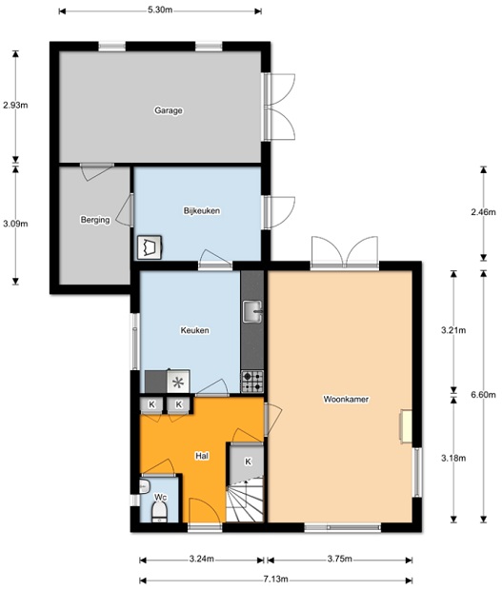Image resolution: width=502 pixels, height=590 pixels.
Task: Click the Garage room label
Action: coord(169,110)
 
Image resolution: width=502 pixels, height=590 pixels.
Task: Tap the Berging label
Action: coord(95,220)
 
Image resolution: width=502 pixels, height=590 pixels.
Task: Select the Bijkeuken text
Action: coord(202,210)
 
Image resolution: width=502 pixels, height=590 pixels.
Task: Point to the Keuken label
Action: coord(194,330)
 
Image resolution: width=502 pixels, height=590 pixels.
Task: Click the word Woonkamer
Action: coord(346,400)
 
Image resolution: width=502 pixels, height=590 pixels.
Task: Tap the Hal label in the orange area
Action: coord(202,456)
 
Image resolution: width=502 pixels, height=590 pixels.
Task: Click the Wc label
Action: coord(160,498)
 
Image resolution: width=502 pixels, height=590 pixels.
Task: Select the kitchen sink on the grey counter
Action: coord(252,311)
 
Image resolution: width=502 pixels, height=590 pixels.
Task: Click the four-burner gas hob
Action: coord(252,382)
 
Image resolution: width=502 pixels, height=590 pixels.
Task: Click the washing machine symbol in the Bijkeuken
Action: coord(150,247)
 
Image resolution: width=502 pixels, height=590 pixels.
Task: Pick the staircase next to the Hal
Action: coord(245,500)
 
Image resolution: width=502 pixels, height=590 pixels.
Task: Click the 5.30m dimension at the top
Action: coord(160,10)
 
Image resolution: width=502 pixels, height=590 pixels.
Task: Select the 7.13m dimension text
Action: coord(275,580)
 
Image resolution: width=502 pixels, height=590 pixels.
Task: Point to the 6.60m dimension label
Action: coord(483,395)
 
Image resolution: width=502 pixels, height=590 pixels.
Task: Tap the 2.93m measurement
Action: coord(15,105)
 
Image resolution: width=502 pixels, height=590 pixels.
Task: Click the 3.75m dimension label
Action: coord(340,559)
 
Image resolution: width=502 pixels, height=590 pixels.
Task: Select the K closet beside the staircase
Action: coord(248,462)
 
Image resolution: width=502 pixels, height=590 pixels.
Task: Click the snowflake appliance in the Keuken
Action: coord(178,382)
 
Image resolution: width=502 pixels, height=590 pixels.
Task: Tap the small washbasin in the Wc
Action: coord(145,486)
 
